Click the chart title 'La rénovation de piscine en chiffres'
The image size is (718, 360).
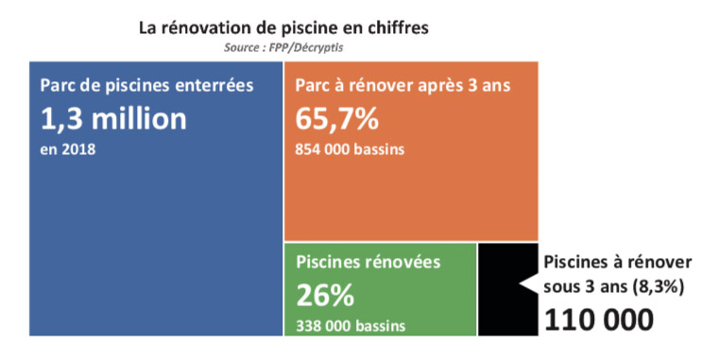(x=284, y=28)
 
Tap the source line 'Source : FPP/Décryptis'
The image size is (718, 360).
(x=283, y=47)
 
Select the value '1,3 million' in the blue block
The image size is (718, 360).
(x=113, y=120)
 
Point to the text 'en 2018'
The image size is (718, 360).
(x=68, y=149)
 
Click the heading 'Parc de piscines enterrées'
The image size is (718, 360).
(x=147, y=86)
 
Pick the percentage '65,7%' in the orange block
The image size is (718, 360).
(x=337, y=119)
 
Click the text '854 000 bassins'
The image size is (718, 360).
(x=350, y=149)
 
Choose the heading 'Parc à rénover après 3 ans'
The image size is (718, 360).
(x=403, y=86)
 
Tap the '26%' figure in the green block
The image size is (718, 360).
(x=325, y=296)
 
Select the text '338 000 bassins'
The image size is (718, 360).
(x=350, y=326)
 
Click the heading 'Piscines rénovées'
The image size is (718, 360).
(x=368, y=262)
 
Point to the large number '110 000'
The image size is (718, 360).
(x=598, y=319)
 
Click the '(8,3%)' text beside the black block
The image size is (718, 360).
(x=658, y=287)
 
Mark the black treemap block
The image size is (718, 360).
(x=499, y=289)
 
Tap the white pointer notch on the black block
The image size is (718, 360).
(x=529, y=284)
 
